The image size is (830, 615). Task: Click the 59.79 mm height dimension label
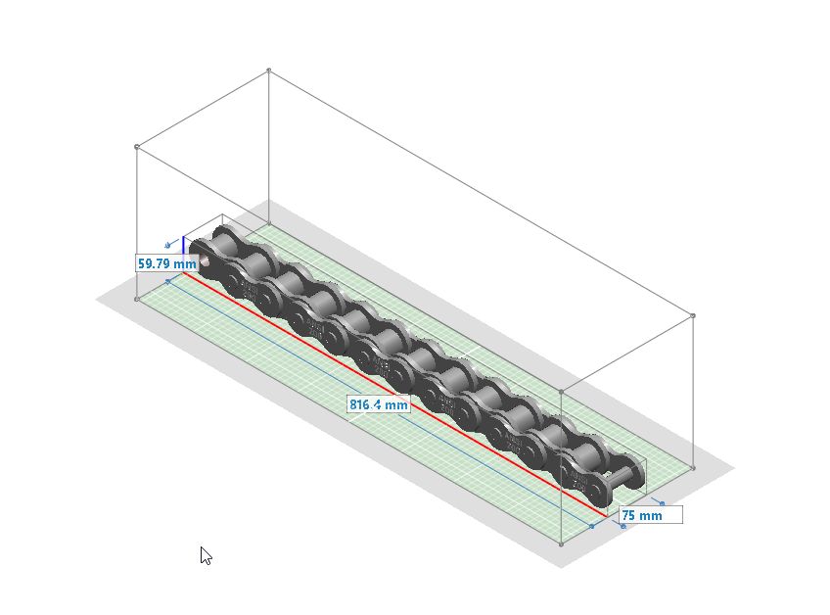(x=166, y=263)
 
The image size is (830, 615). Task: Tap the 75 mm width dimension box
(x=650, y=515)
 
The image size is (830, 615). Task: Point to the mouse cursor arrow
(x=206, y=554)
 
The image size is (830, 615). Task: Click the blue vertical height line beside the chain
(x=183, y=244)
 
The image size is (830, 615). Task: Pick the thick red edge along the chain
(x=392, y=391)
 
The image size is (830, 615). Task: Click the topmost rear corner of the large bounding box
(x=269, y=71)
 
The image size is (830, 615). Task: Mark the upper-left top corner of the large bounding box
(x=136, y=147)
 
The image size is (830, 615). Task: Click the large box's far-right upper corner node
(x=693, y=316)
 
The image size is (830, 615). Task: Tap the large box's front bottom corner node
(x=560, y=544)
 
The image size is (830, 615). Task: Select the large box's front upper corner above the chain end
(x=560, y=391)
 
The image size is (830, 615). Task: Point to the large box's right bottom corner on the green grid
(x=693, y=468)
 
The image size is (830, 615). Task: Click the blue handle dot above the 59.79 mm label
(x=168, y=245)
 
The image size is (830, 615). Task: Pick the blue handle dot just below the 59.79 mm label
(x=167, y=281)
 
